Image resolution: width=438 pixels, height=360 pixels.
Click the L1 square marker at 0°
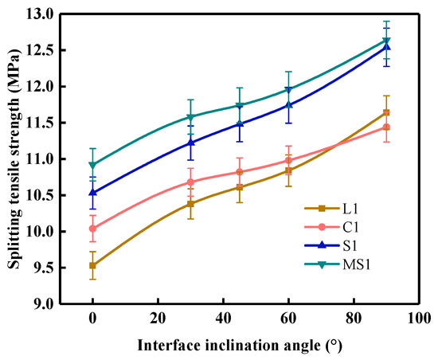click(92, 265)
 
